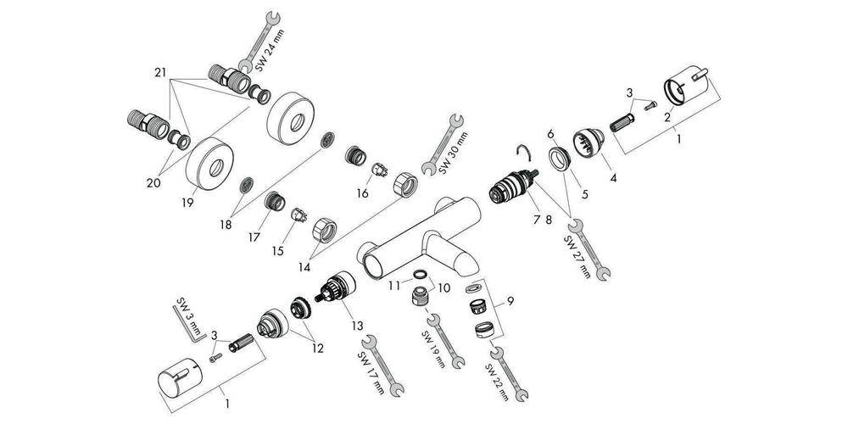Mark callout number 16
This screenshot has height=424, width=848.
click(x=362, y=193)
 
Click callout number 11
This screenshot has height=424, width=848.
click(x=393, y=287)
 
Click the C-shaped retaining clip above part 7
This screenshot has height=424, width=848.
click(x=525, y=153)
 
